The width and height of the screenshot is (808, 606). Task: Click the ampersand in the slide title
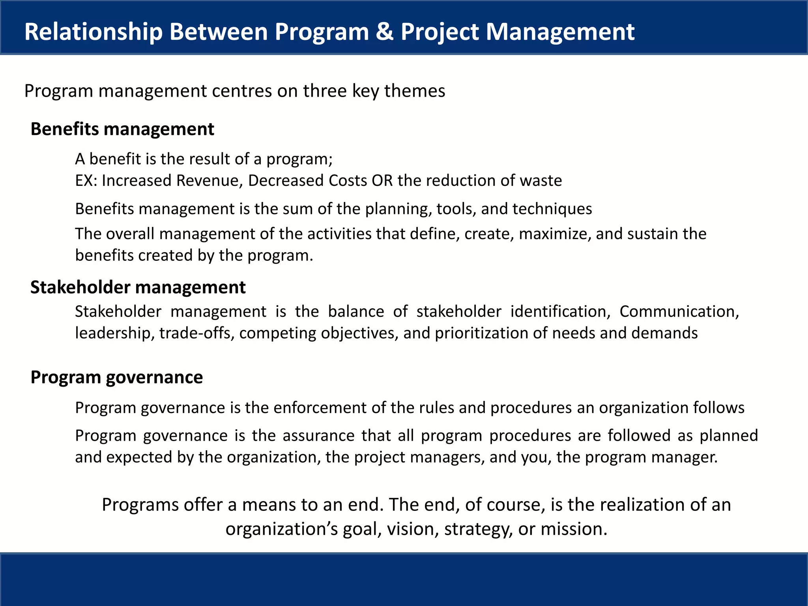[384, 32]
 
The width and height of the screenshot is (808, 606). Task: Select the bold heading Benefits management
[122, 129]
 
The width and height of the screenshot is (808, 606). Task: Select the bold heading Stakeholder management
[138, 287]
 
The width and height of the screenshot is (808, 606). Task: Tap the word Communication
[679, 312]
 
